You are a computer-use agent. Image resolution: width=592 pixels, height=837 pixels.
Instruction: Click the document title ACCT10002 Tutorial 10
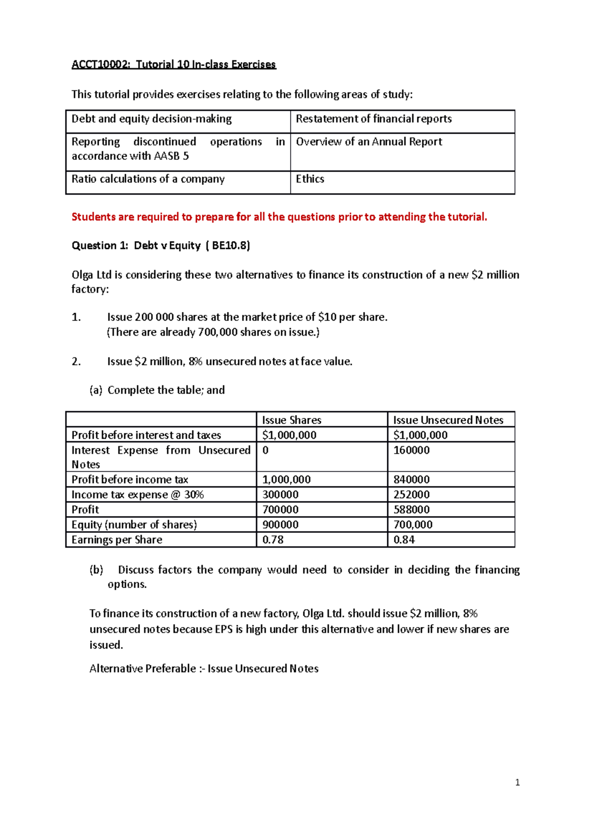coord(174,65)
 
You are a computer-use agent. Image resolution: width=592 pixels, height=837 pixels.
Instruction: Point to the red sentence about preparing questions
coord(279,217)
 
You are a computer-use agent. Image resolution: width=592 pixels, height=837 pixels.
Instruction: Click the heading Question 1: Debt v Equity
coord(161,245)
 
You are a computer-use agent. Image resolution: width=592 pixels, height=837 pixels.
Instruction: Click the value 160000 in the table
coord(411,450)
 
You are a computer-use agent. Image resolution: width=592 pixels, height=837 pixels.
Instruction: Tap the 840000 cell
coord(411,480)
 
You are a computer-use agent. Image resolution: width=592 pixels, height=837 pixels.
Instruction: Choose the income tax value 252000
coord(411,494)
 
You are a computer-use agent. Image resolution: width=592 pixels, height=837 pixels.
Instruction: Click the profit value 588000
coord(411,509)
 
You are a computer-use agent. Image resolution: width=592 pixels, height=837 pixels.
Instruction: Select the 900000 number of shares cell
coord(280,524)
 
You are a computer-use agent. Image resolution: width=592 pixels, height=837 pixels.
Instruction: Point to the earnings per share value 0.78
coord(273,540)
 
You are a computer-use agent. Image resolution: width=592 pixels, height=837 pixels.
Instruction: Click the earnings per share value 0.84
coord(404,540)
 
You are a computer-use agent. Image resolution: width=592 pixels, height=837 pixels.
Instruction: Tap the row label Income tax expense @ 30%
coord(138,494)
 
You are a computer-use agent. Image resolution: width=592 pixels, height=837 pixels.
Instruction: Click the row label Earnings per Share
coord(117,540)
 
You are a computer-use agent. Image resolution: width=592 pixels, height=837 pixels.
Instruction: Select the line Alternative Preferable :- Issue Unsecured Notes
coord(204,669)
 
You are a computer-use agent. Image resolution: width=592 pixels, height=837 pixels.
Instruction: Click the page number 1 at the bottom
coord(517,782)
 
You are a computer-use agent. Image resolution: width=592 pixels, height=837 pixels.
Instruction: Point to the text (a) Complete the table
coord(157,390)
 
